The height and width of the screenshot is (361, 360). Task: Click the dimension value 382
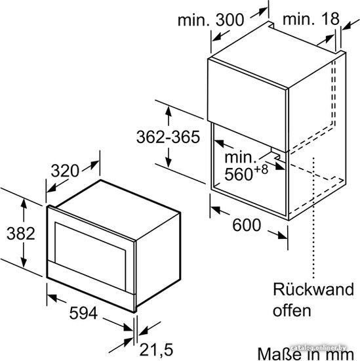[21, 234]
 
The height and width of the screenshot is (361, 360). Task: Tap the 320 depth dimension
[65, 171]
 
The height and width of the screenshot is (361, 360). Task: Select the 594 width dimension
[83, 313]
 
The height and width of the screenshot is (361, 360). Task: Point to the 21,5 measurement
[157, 350]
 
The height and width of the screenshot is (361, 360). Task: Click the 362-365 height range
[168, 137]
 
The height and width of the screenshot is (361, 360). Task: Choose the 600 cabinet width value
[247, 225]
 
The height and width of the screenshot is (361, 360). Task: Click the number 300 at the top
[230, 20]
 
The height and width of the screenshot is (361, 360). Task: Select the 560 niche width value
[239, 174]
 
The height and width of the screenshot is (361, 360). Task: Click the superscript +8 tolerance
[261, 169]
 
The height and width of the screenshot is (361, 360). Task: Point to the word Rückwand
[313, 289]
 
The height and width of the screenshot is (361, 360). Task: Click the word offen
[292, 310]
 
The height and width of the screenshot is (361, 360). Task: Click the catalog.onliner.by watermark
[318, 348]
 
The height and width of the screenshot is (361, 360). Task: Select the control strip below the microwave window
[90, 278]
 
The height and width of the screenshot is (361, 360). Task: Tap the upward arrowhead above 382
[24, 203]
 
